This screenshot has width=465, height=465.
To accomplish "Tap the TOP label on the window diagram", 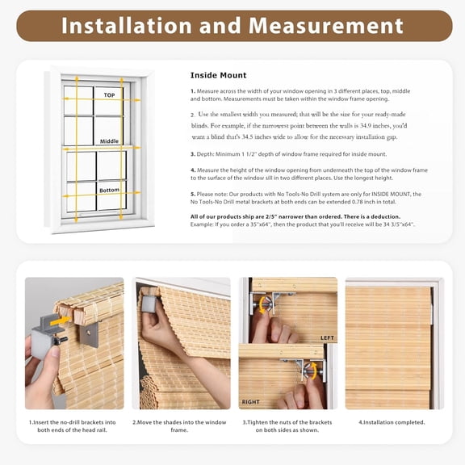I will point(110,94).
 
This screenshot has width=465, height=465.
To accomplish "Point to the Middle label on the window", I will point(109,141).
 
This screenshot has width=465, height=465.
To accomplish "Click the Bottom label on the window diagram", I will point(110,191).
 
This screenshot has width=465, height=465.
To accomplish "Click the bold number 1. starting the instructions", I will point(193,91).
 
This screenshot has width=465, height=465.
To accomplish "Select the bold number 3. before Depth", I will point(193,153).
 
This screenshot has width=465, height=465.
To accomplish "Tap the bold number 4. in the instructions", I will point(193,170).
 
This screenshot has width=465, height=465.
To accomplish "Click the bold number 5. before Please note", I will point(193,194).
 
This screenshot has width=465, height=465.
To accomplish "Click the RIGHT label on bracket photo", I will point(251,400).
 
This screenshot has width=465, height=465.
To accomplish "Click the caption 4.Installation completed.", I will point(392,422).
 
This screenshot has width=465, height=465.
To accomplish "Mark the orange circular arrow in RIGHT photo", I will point(310,371).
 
